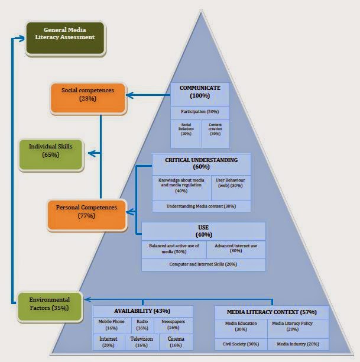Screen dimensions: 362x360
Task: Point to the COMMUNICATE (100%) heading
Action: click(x=200, y=92)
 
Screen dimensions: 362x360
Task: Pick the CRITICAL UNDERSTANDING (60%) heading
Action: click(x=201, y=164)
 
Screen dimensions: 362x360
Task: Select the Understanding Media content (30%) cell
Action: click(x=201, y=206)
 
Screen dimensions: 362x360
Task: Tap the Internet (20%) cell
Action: click(x=109, y=342)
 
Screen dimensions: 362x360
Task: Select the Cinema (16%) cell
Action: click(x=176, y=342)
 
